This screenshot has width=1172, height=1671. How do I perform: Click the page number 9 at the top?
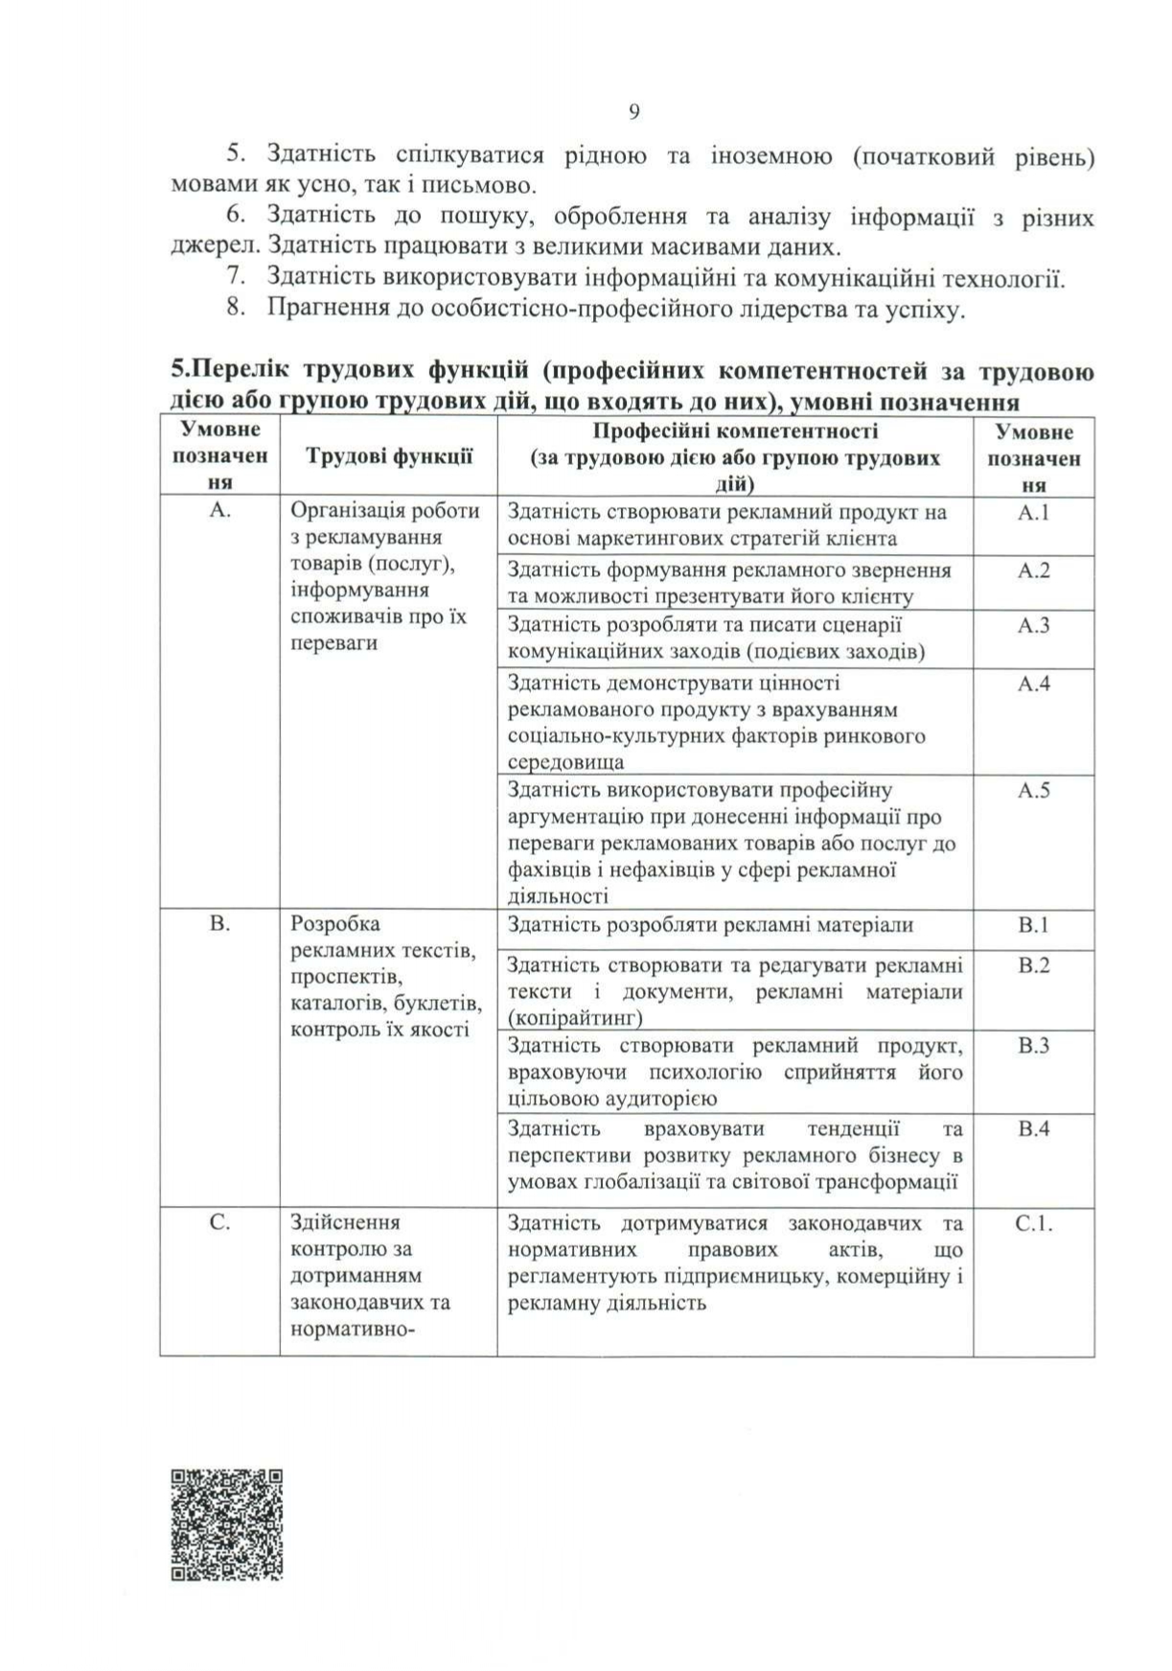(633, 113)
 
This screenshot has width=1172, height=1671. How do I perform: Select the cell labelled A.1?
(1034, 513)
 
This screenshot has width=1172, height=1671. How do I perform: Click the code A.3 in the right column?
(1034, 626)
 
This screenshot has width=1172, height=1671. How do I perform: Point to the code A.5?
(1034, 791)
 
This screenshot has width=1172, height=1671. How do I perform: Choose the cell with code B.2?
(1034, 965)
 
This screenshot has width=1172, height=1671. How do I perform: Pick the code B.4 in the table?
(1034, 1128)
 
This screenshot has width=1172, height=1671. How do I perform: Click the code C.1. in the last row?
(1034, 1224)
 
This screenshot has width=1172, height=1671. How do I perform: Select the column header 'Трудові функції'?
(389, 457)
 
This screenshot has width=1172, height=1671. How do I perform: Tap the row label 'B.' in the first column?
(219, 924)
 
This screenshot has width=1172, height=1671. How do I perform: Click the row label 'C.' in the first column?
(219, 1223)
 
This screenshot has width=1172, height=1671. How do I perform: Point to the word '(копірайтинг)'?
(575, 1017)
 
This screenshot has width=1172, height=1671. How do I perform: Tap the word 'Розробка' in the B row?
(335, 924)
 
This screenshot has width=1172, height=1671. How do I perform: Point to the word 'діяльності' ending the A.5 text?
(558, 897)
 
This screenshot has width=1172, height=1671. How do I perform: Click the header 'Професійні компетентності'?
(735, 432)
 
